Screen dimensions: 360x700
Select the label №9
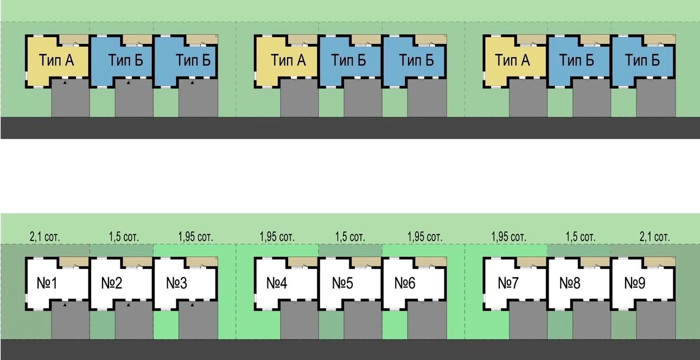[x=635, y=283]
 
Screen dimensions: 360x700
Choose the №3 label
[x=176, y=283]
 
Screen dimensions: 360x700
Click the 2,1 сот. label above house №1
[x=44, y=237]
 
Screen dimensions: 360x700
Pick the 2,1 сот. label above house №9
[x=654, y=237]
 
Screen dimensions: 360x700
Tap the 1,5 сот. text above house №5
[x=349, y=237]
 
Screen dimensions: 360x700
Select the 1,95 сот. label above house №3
[x=195, y=237]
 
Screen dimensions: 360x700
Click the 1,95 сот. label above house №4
[x=277, y=237]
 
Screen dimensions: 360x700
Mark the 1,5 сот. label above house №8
[x=580, y=237]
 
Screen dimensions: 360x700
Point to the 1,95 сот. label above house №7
[x=508, y=237]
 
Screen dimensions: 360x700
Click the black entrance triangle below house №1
[x=65, y=305]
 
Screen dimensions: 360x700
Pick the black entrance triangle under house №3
[x=192, y=305]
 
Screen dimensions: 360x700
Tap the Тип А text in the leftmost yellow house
[x=56, y=60]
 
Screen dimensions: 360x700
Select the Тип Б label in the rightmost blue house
[x=642, y=60]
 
